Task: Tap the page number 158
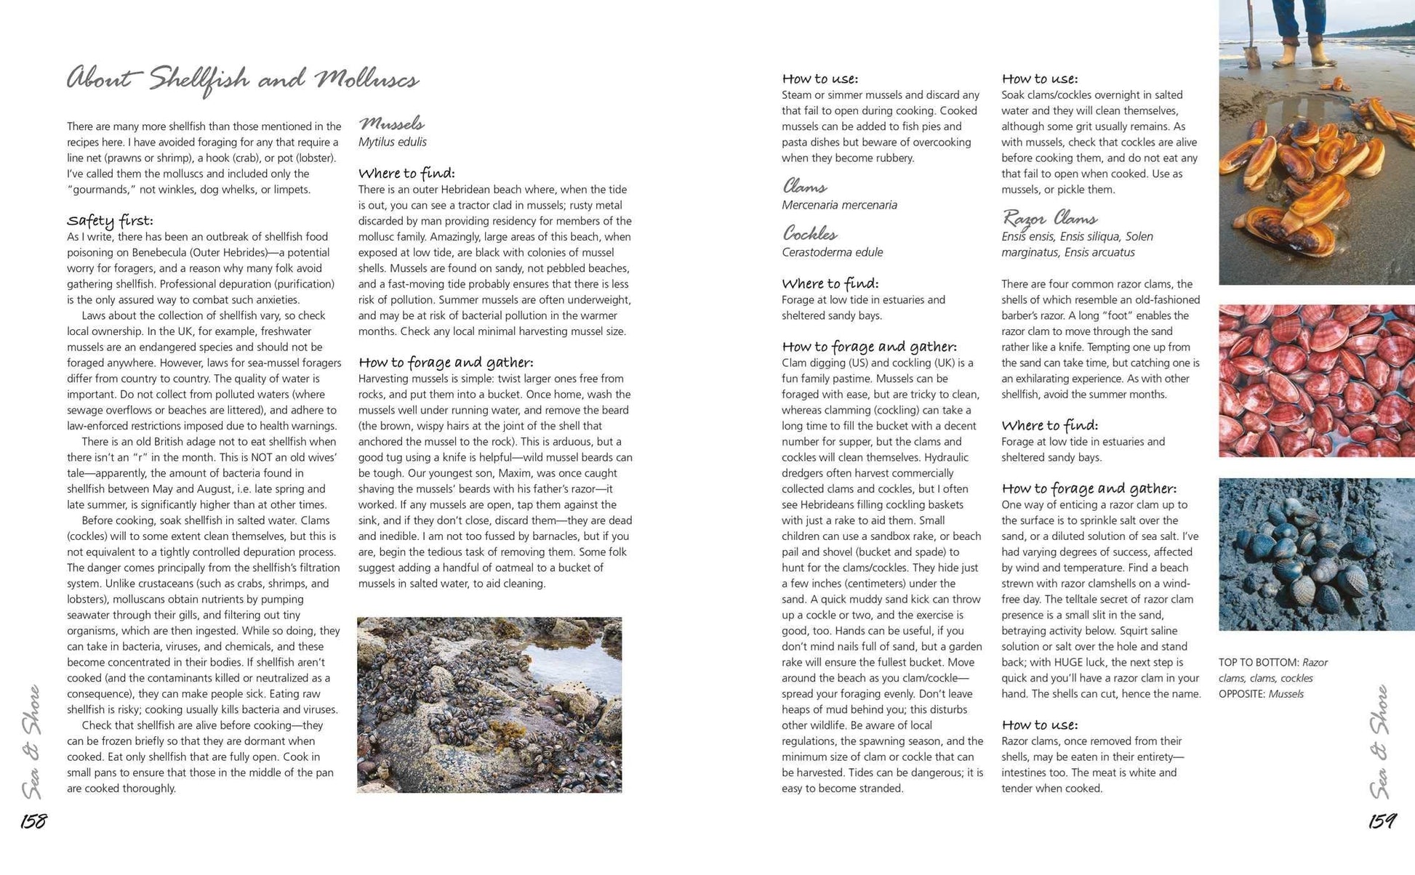pos(33,821)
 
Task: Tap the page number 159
pos(1382,821)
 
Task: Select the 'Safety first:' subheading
pos(110,220)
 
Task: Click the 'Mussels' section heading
pos(391,124)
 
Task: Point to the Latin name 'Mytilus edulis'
pos(392,142)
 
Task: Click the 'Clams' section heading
pos(804,187)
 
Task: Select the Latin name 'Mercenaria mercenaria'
pos(839,205)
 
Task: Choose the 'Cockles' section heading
pos(809,233)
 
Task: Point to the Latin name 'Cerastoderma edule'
pos(832,252)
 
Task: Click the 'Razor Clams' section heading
pos(1049,218)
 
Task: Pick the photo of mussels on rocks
pos(489,704)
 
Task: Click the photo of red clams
pos(1316,380)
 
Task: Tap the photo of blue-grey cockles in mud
pos(1316,554)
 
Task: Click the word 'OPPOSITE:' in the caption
pos(1242,694)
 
